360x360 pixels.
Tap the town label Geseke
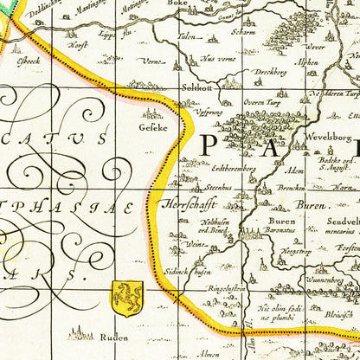click(x=154, y=125)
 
